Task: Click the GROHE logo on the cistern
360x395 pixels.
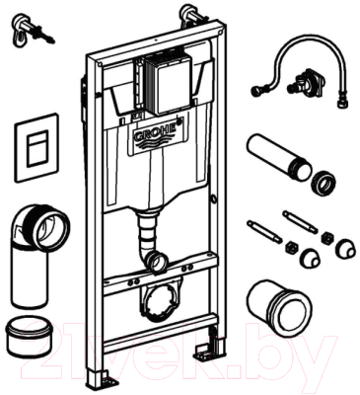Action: point(154,130)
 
